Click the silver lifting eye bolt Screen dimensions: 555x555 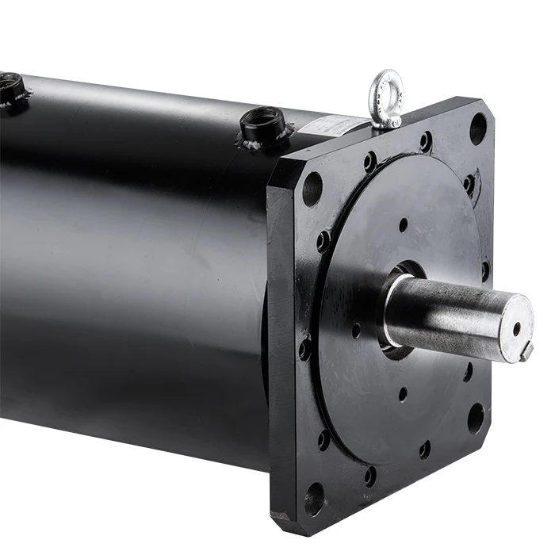tap(387, 98)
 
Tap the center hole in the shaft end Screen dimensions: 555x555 tap(517, 326)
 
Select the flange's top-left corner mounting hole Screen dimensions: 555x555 tap(312, 189)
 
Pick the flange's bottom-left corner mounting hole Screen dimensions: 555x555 tap(314, 498)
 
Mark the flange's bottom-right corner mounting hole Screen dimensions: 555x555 tap(476, 417)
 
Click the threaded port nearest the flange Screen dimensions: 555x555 tap(264, 124)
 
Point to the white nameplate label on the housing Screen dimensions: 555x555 tap(336, 124)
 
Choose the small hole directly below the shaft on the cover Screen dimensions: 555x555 tap(403, 393)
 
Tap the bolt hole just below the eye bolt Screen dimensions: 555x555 tap(426, 142)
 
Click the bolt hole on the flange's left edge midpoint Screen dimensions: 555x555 tap(305, 348)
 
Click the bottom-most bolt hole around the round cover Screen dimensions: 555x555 tap(370, 477)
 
